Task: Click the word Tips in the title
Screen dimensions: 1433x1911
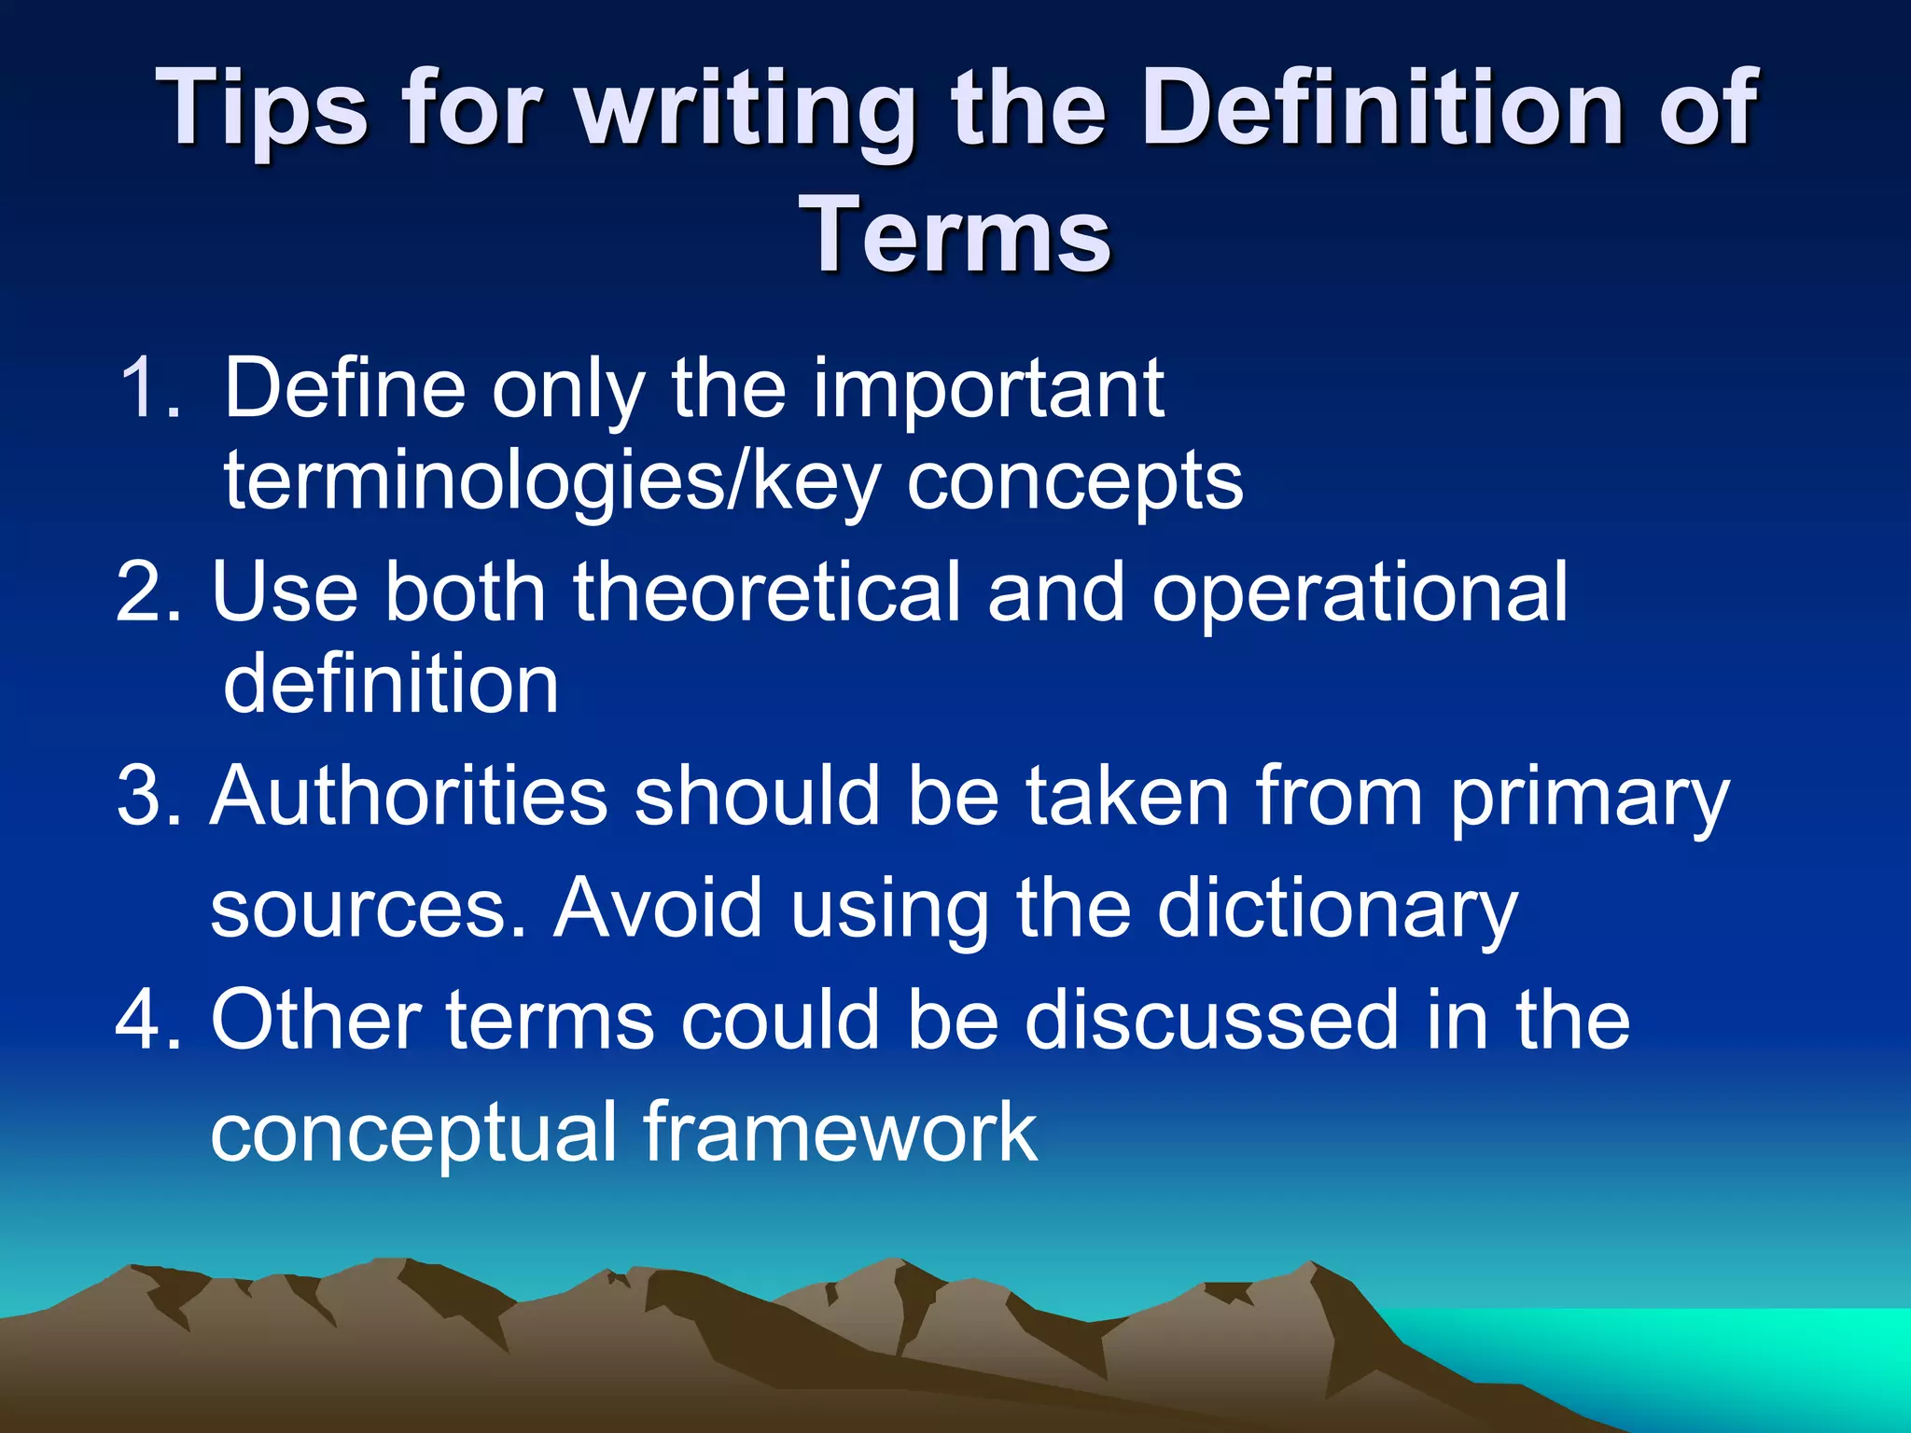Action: click(265, 110)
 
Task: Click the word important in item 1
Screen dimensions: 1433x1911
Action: click(989, 390)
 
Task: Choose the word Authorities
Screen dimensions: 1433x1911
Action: click(409, 796)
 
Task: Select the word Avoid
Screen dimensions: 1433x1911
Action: click(658, 908)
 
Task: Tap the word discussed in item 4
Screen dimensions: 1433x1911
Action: click(1212, 1020)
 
